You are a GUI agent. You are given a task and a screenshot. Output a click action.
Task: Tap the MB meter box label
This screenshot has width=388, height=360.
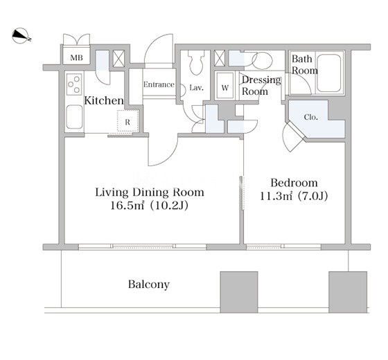[76, 58]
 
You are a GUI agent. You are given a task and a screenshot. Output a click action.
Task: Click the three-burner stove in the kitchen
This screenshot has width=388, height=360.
[75, 84]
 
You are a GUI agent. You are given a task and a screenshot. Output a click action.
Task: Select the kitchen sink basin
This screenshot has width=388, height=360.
[75, 117]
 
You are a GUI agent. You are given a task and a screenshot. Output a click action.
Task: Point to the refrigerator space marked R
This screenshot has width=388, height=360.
[127, 121]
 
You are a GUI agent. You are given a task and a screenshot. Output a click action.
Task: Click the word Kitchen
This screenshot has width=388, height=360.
[104, 100]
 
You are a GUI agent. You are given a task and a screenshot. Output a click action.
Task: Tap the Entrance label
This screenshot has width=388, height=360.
[159, 84]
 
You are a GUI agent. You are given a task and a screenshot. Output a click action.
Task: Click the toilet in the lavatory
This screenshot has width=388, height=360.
[196, 62]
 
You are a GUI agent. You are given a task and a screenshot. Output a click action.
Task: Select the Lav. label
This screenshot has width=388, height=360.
[197, 88]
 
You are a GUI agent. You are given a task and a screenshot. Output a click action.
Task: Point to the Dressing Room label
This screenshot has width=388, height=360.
[261, 86]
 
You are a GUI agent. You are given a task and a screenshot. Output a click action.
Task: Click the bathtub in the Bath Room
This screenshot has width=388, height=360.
[329, 73]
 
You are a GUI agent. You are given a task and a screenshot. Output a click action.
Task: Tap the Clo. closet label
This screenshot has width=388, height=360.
[311, 117]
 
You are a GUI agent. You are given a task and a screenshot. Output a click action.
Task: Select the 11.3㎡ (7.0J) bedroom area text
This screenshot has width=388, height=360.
[294, 197]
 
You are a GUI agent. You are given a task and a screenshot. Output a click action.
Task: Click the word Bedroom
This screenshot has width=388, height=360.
[294, 183]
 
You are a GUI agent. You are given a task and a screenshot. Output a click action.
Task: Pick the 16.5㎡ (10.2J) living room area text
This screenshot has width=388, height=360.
[149, 206]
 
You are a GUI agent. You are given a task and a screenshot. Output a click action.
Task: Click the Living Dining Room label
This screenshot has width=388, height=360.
[150, 192]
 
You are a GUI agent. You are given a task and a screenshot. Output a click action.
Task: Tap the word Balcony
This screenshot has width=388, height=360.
[149, 285]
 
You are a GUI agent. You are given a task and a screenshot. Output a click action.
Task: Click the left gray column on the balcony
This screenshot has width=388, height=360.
[239, 292]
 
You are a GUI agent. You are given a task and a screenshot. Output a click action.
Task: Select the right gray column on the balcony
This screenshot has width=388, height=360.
[348, 292]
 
